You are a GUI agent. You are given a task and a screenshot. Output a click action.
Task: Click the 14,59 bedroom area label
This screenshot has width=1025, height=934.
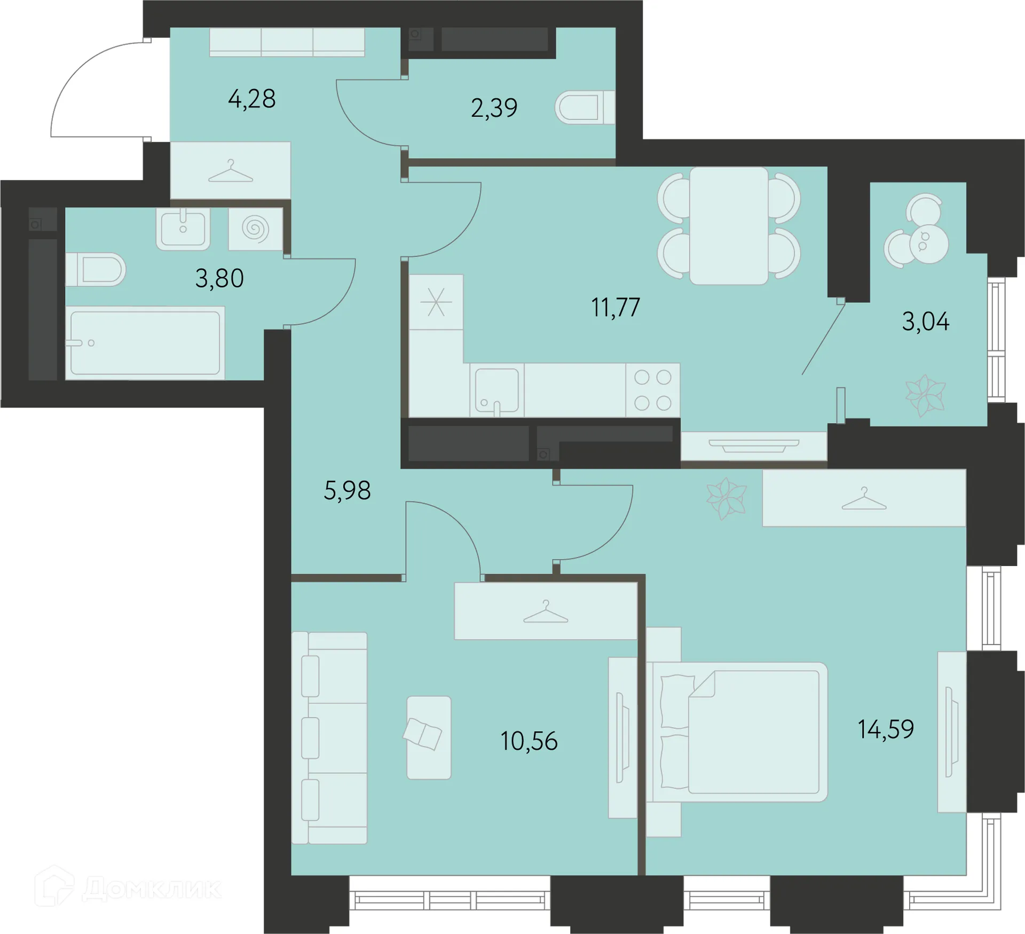coord(886,729)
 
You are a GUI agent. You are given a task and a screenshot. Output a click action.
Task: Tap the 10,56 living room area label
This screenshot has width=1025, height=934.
coord(529,741)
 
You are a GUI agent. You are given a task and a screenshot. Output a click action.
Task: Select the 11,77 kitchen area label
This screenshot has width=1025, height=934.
coord(616,307)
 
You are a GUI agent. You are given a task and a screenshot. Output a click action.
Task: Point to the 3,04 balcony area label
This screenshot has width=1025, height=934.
coord(926,321)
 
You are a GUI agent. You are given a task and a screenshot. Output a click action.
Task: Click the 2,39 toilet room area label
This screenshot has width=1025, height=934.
coord(494,108)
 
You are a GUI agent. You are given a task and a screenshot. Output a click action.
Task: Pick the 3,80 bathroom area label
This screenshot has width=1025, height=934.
coord(219,278)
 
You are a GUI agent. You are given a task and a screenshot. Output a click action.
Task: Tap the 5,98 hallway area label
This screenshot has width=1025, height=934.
coord(347,490)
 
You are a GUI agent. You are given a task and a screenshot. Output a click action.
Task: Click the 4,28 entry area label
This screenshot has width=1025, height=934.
coord(252,99)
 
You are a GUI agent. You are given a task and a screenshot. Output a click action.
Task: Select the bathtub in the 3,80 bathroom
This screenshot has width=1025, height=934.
coord(145,343)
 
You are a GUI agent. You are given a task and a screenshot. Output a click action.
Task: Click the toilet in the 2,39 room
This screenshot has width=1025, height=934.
coord(585,107)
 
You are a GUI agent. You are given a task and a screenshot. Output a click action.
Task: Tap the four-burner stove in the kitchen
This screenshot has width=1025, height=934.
coord(652,390)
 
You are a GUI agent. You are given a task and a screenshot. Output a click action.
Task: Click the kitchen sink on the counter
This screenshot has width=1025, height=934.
coord(496,391)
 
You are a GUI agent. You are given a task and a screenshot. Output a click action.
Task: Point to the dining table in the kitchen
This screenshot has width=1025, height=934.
coord(729,226)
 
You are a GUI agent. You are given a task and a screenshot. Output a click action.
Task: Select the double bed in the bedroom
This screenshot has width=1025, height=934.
coord(737,732)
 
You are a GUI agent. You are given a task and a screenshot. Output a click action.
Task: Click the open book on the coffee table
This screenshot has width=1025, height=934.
coord(422,734)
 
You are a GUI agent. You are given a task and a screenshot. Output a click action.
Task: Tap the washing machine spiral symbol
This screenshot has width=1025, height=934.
coord(255,229)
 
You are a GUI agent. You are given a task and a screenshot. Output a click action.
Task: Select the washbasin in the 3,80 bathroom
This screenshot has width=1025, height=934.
coord(183,229)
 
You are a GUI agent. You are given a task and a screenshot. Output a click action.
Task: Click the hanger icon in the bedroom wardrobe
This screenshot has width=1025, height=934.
coord(864,499)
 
